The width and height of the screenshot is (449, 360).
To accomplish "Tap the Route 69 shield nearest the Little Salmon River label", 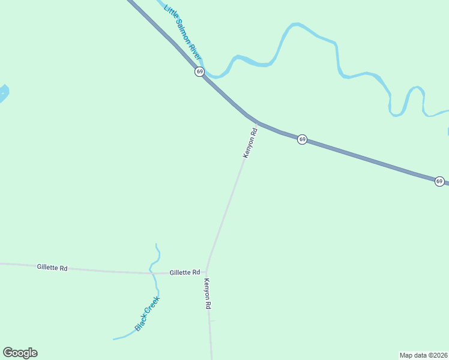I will [199, 71].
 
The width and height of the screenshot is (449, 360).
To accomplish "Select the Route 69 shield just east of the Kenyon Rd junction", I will [303, 139].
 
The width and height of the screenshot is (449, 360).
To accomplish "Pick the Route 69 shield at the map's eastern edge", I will [439, 181].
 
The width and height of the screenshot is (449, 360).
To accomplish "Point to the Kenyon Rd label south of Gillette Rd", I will [208, 294].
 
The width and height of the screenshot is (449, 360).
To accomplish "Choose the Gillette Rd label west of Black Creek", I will [52, 268].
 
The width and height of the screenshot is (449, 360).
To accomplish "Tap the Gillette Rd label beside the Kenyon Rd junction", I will [184, 272].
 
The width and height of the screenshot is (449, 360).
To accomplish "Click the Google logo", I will [20, 353].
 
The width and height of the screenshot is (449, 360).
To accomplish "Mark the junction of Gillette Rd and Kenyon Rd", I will [206, 273].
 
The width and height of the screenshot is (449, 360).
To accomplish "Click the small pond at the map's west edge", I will [2, 93].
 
